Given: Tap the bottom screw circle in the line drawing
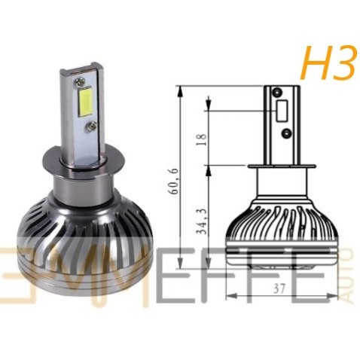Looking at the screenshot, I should pos(286,133).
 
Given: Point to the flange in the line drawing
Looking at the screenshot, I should pos(281,166).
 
